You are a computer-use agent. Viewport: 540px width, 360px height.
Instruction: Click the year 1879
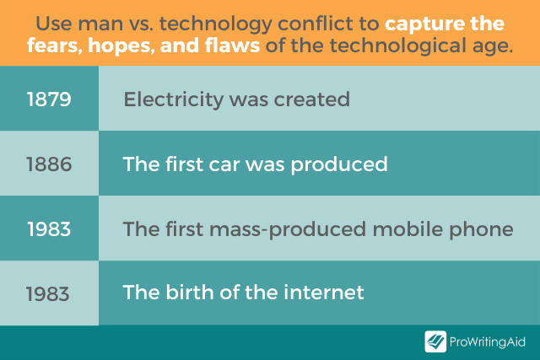pyautogui.click(x=49, y=99)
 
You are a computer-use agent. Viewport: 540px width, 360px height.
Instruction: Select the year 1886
pyautogui.click(x=49, y=164)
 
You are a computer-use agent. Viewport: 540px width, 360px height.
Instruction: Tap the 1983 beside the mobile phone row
pyautogui.click(x=49, y=228)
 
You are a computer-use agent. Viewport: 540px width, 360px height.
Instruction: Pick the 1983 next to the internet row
pyautogui.click(x=48, y=294)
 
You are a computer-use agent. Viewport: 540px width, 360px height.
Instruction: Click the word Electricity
pyautogui.click(x=174, y=99)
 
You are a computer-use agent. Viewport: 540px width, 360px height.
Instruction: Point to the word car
pyautogui.click(x=224, y=164)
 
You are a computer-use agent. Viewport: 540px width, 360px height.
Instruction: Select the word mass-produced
pyautogui.click(x=288, y=230)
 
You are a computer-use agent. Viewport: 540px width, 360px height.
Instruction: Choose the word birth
pyautogui.click(x=190, y=293)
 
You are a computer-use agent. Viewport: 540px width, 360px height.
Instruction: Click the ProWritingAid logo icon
pyautogui.click(x=435, y=341)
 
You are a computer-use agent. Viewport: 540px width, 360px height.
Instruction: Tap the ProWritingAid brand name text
pyautogui.click(x=488, y=342)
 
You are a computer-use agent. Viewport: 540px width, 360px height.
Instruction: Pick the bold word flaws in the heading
pyautogui.click(x=232, y=46)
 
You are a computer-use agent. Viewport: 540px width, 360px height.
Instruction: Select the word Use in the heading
pyautogui.click(x=54, y=24)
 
